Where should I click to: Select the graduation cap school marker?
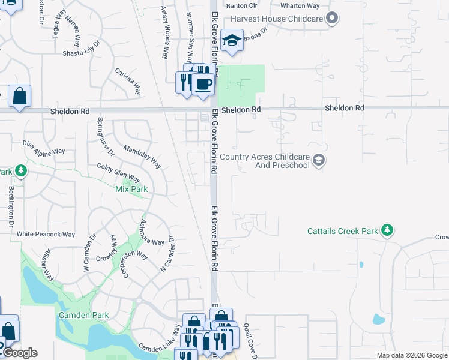tap(232, 41)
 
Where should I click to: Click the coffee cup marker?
tap(203, 85)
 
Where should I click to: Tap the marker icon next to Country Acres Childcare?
tap(319, 160)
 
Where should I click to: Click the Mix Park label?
tap(131, 189)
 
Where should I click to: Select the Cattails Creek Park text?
tap(343, 231)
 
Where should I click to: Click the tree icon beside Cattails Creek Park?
tap(388, 230)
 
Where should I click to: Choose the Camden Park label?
tap(83, 315)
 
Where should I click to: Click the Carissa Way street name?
tap(128, 81)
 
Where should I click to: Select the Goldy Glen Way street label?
tap(118, 173)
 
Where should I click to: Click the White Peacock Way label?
tap(46, 234)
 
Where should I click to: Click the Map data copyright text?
tap(411, 355)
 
